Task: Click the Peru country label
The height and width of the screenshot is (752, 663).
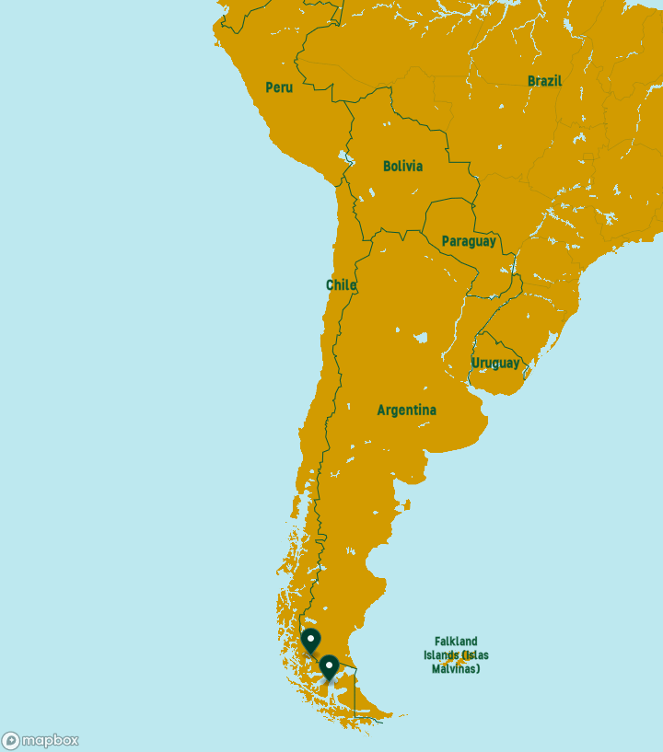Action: coord(279,87)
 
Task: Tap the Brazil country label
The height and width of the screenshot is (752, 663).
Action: coord(544,81)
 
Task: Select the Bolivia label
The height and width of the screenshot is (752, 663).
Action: coord(403,167)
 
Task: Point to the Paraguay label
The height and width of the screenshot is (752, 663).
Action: coord(469,241)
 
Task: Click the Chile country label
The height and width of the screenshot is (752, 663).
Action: coord(341,285)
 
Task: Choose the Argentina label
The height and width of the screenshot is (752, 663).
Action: coord(407,410)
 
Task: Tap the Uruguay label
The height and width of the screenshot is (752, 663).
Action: coord(495,364)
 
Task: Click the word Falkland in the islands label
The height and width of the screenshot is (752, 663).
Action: coord(457,642)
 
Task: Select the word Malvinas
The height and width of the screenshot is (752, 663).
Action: coord(456,669)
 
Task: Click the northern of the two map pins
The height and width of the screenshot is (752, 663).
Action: coord(311,640)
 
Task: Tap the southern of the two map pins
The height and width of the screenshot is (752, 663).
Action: coord(329,666)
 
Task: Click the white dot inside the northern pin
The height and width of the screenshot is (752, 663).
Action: coord(311,637)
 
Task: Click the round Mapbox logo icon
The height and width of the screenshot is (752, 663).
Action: coord(11,740)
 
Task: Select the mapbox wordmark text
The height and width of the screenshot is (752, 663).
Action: coord(51,740)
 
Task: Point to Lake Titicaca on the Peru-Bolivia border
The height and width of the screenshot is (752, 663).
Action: coord(348,157)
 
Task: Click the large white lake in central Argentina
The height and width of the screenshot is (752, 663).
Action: coord(421,338)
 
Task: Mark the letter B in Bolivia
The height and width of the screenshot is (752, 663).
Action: coord(388,167)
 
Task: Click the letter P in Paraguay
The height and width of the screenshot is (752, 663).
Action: coord(446,241)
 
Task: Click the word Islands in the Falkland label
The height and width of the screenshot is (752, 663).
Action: coord(443,655)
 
